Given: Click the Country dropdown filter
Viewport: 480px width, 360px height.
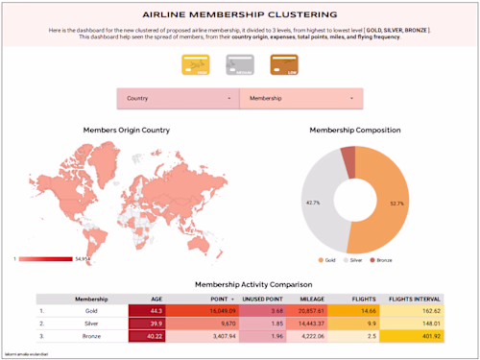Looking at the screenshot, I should (179, 98).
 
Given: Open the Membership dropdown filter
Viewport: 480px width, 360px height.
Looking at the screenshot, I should (300, 98).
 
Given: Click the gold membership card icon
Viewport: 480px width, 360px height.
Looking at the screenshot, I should (194, 65).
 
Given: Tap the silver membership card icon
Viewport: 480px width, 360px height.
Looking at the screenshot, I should (239, 65).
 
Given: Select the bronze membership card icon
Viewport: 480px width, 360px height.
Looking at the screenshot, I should (284, 65).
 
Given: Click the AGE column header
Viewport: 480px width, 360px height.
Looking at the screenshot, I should (156, 298).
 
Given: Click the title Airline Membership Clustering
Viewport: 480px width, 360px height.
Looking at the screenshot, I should (239, 15).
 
